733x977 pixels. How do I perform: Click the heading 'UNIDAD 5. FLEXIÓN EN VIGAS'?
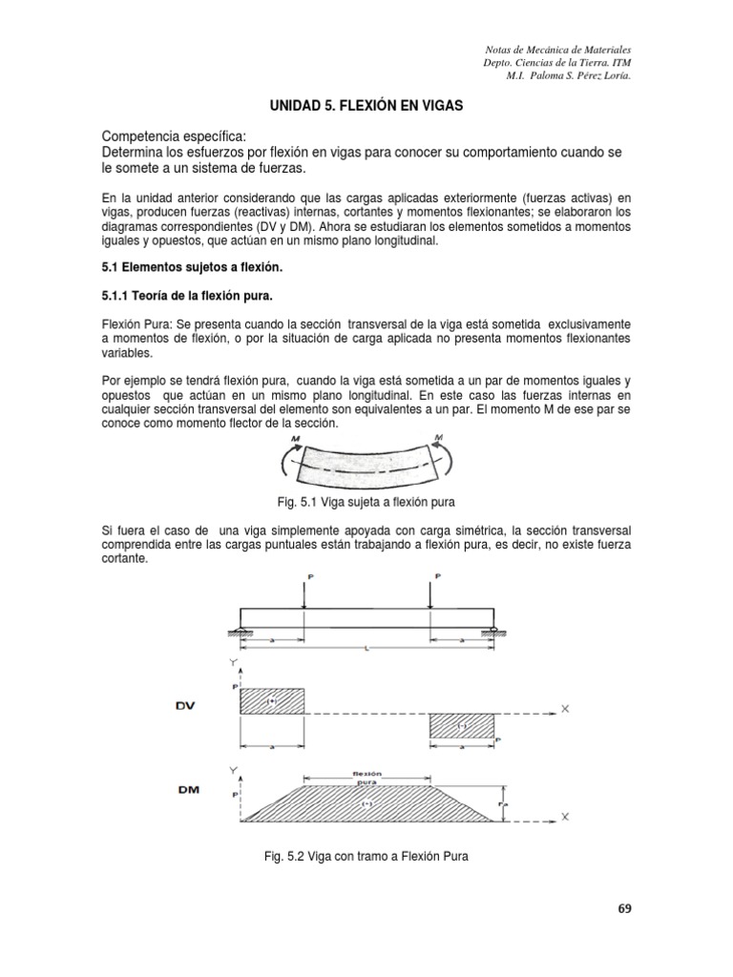point(366,109)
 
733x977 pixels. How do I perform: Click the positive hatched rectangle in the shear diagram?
point(272,701)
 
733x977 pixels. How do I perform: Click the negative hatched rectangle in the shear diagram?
point(463,725)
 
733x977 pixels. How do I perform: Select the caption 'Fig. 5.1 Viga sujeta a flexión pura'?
point(366,501)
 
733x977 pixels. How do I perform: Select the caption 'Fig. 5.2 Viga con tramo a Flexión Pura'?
point(366,856)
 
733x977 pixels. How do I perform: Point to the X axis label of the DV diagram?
point(565,710)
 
